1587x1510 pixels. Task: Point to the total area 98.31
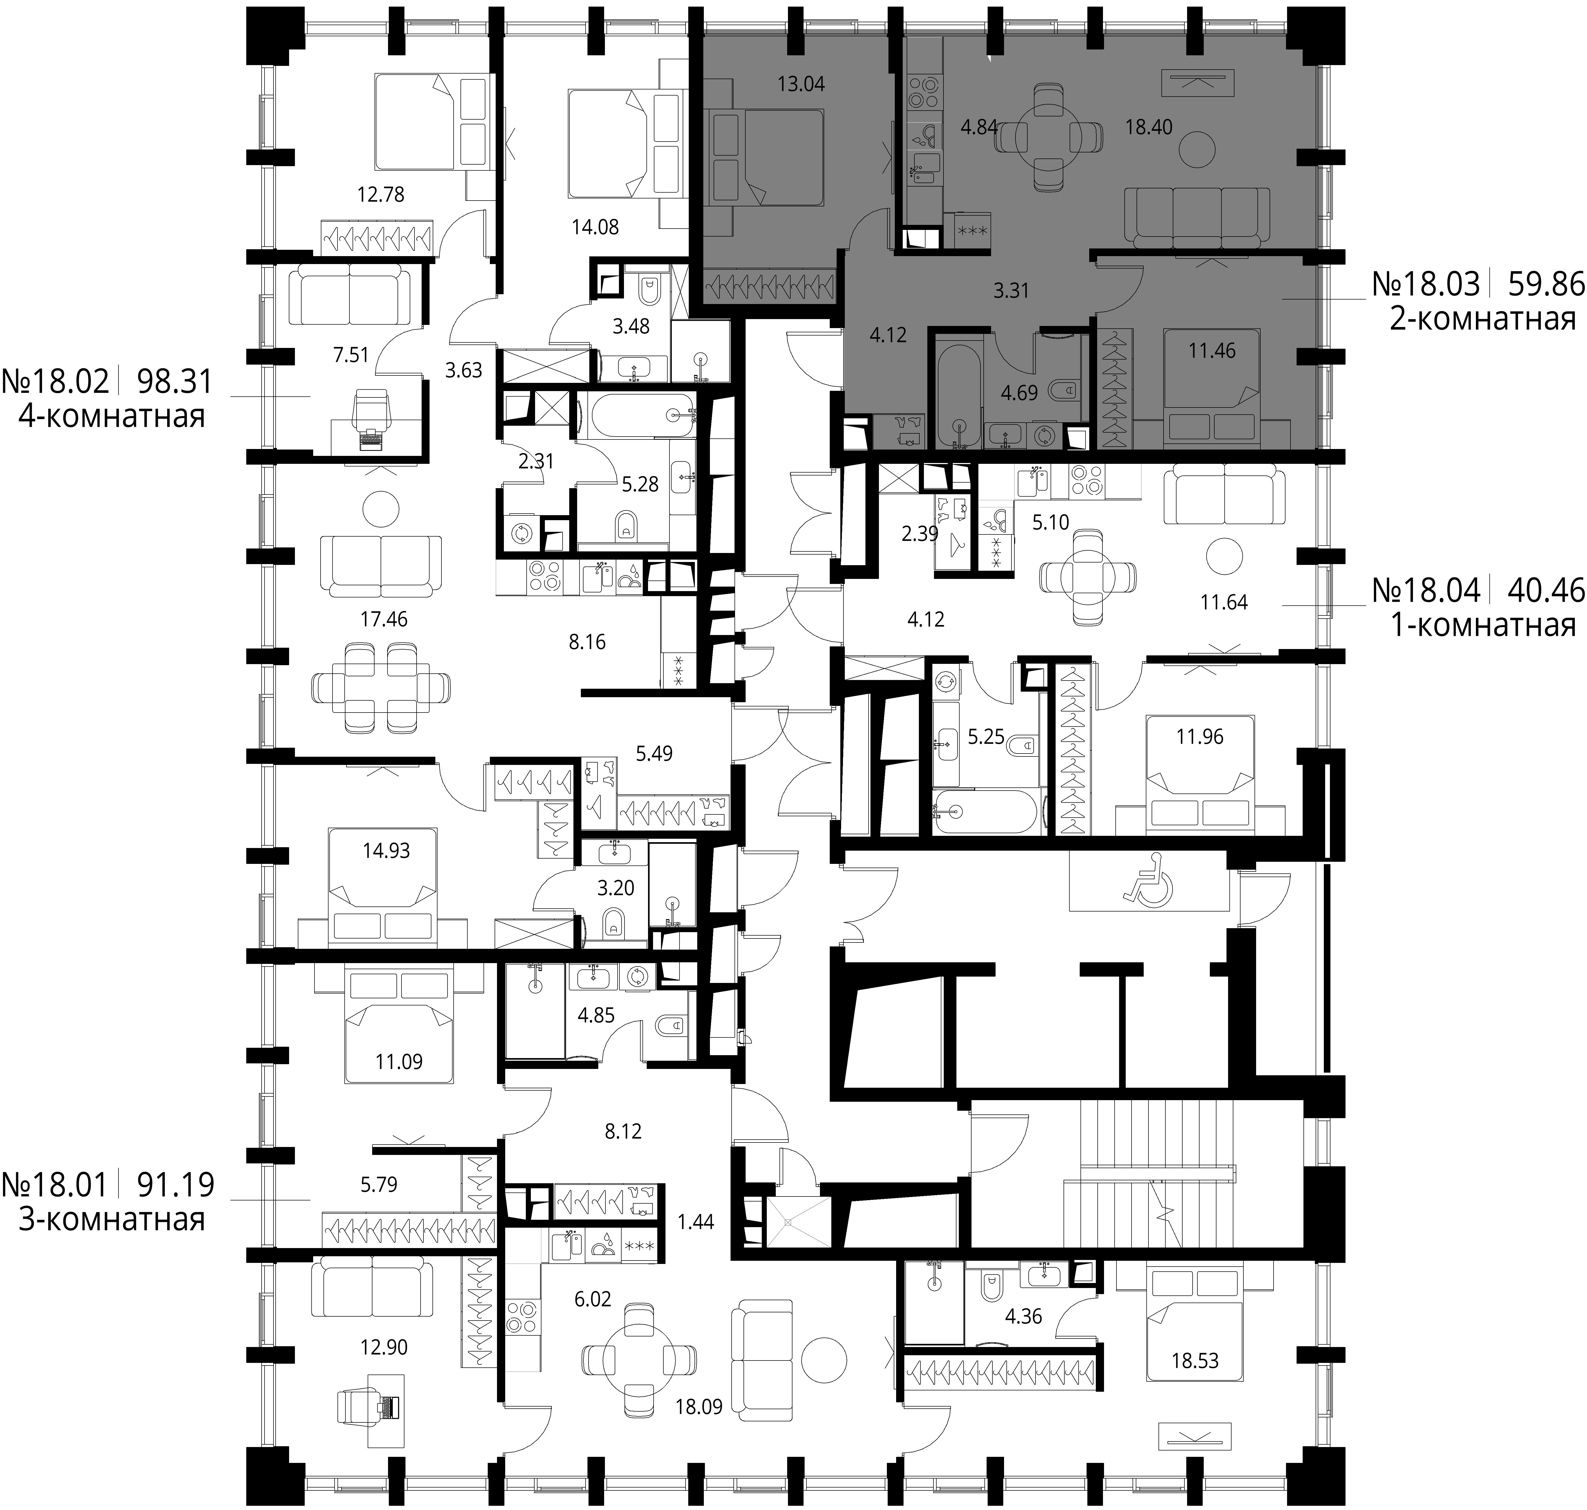coord(175,381)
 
